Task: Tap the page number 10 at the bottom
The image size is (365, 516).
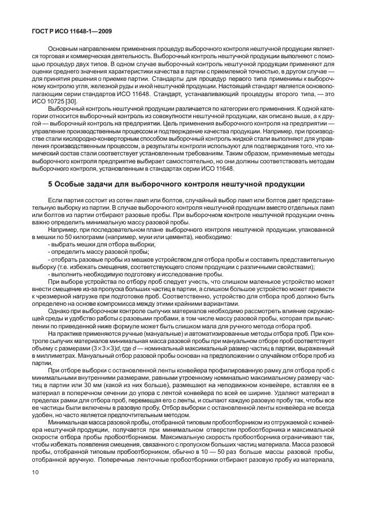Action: coord(35,494)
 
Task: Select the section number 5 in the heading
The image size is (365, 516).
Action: coord(50,184)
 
